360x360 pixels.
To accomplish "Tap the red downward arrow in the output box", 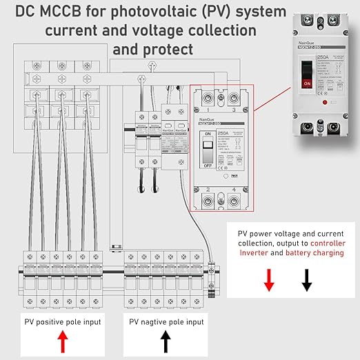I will (270, 279).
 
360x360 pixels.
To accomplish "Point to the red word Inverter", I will (254, 253).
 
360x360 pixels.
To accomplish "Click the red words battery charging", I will (314, 253).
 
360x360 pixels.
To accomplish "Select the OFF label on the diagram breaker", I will (205, 166).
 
